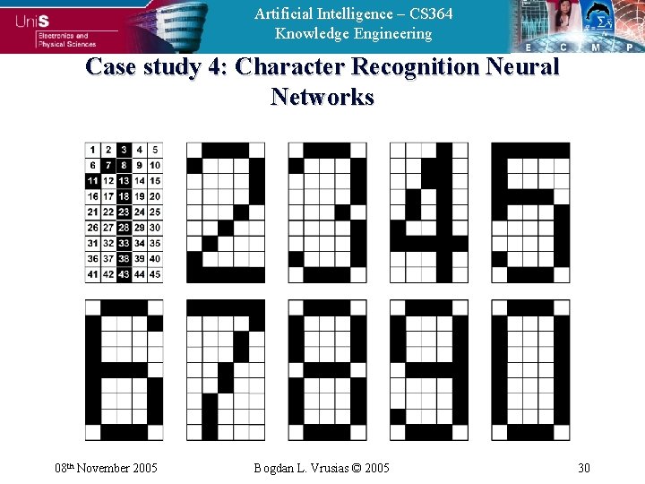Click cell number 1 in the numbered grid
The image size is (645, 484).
pos(92,150)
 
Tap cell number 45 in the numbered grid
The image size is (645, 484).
pos(155,274)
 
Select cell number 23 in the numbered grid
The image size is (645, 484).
pos(124,212)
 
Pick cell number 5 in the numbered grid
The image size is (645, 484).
pos(155,150)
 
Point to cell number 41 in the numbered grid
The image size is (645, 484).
pos(92,274)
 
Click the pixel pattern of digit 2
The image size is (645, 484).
pos(226,212)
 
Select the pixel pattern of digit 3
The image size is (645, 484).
pos(327,212)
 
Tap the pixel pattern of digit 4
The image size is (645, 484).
pos(428,212)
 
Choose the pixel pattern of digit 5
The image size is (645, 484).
pos(529,212)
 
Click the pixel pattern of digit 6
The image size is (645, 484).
pos(125,370)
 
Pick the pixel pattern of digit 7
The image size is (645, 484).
pos(226,370)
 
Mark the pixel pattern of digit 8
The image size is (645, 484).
pos(327,370)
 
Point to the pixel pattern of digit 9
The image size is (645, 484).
pos(428,370)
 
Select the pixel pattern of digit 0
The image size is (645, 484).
pos(529,370)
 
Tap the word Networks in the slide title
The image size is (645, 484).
pos(322,97)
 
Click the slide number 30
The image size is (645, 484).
pos(584,467)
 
